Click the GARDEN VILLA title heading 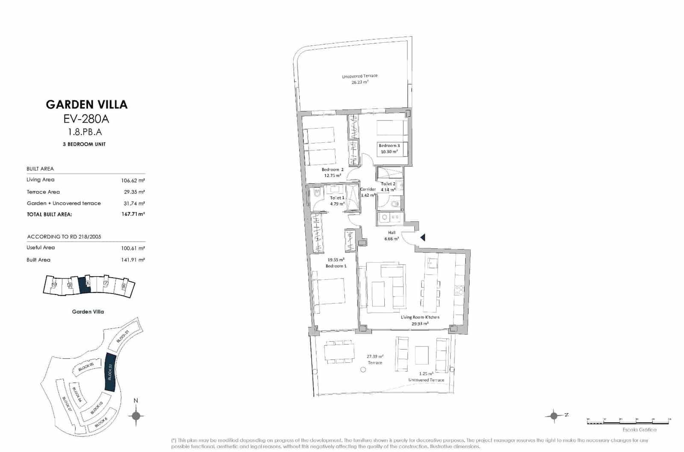coord(87,105)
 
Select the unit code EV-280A coord(86,119)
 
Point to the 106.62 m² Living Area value coord(133,180)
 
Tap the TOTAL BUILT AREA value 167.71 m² coord(133,214)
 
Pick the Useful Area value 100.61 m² coord(133,248)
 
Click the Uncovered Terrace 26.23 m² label coord(360,79)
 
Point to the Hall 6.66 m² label coord(392,236)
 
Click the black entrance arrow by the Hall coord(422,237)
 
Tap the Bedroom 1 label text coord(336,266)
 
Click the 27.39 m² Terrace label coord(375,359)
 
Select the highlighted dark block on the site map coord(110,372)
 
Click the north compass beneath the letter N coord(136,415)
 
